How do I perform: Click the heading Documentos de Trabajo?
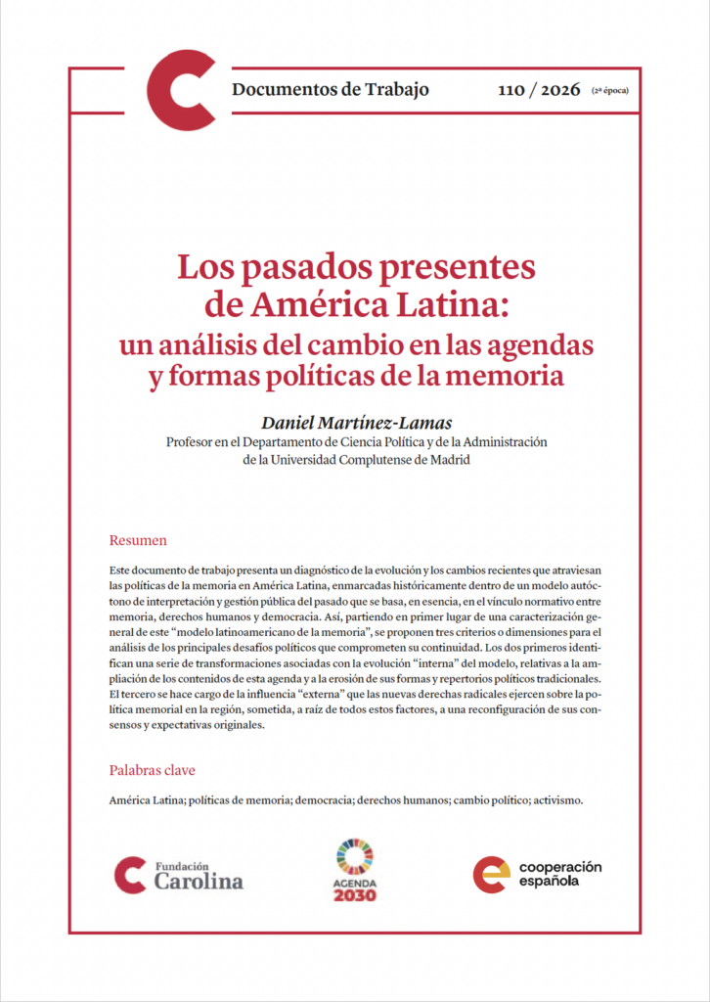click(331, 90)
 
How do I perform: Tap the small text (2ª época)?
click(609, 91)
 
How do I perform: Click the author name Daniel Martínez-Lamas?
click(357, 422)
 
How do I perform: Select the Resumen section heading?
click(138, 540)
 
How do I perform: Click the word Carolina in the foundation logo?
click(199, 881)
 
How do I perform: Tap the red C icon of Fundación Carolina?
click(129, 874)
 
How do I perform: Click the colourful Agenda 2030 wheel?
click(355, 857)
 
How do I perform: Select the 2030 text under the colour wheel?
click(355, 895)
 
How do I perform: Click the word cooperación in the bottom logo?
click(559, 867)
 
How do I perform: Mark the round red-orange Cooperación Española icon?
click(491, 874)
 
